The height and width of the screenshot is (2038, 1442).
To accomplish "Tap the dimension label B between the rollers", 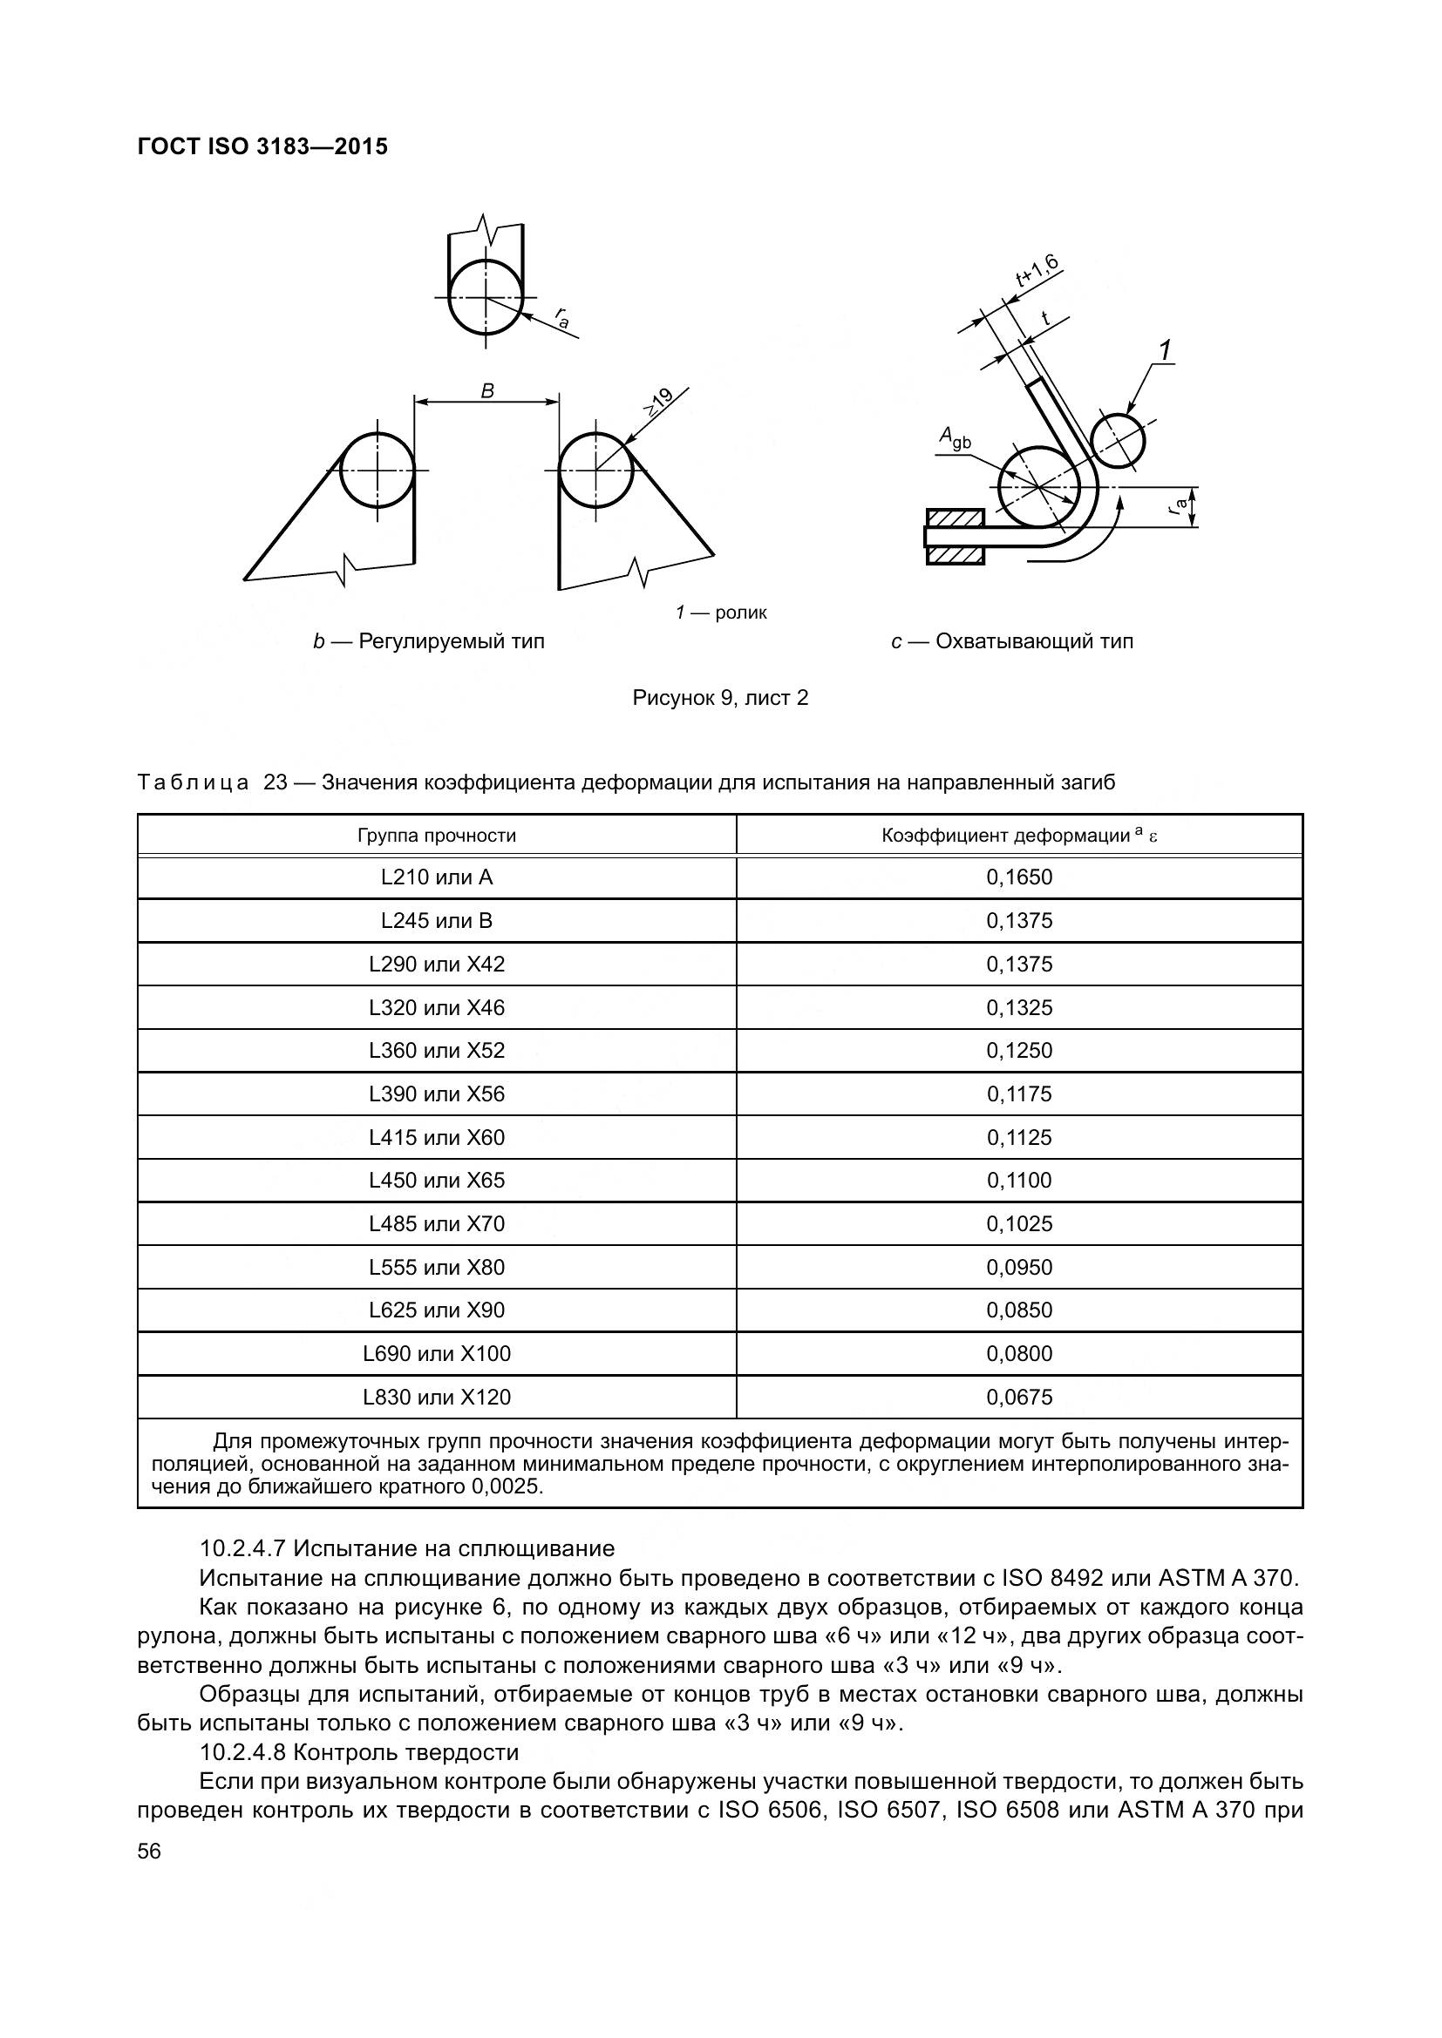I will pyautogui.click(x=486, y=390).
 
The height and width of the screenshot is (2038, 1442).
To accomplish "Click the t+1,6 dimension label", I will pyautogui.click(x=1037, y=271).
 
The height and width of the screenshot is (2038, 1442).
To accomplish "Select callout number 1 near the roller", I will pyautogui.click(x=1166, y=351).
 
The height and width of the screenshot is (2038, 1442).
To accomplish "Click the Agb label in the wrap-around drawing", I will pyautogui.click(x=955, y=437).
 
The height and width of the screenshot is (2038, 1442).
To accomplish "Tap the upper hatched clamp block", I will pyautogui.click(x=956, y=518).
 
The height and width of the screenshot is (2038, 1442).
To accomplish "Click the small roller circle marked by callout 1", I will pyautogui.click(x=1117, y=440).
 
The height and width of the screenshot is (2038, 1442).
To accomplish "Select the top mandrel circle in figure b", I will pyautogui.click(x=485, y=296).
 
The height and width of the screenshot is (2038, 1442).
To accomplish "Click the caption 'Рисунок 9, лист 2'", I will pyautogui.click(x=720, y=699).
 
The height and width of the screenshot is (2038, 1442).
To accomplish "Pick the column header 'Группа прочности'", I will pyautogui.click(x=436, y=836).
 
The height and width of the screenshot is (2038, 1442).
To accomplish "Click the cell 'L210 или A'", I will pyautogui.click(x=436, y=878).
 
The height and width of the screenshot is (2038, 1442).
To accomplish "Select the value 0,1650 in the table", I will pyautogui.click(x=1018, y=878).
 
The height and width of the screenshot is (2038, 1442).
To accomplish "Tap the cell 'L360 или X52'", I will pyautogui.click(x=436, y=1051).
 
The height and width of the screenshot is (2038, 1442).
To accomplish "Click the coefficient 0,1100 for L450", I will pyautogui.click(x=1018, y=1181).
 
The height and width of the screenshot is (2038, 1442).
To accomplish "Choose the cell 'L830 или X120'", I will pyautogui.click(x=436, y=1398).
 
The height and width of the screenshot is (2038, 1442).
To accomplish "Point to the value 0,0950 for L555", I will pyautogui.click(x=1018, y=1268).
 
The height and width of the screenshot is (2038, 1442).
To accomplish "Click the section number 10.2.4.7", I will pyautogui.click(x=241, y=1549).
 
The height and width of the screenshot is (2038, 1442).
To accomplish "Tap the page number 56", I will pyautogui.click(x=149, y=1852).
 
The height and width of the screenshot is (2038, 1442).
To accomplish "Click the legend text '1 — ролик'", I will pyautogui.click(x=720, y=613).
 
